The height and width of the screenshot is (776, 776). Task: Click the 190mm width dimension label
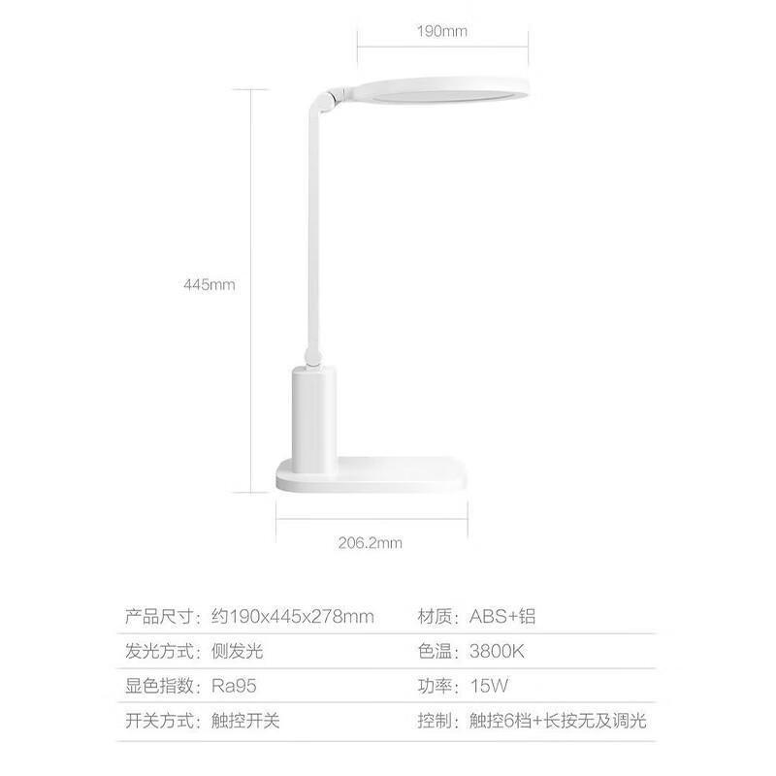point(442,31)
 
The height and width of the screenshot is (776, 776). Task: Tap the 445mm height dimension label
point(210,284)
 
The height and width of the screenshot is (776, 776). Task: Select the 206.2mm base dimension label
point(371,543)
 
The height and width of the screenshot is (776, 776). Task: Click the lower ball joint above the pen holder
point(312,356)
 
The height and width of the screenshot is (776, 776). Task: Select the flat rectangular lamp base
point(372,475)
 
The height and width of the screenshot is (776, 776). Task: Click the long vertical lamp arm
point(313,228)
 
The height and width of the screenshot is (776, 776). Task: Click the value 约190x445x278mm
point(293,616)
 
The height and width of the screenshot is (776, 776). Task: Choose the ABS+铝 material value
point(502,616)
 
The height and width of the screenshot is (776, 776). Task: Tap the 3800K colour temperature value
point(497,651)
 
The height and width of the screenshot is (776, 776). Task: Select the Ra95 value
point(234,686)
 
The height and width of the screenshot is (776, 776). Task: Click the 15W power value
point(489,686)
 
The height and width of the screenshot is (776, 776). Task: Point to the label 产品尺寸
point(159,616)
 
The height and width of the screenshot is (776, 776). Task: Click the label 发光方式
point(159,651)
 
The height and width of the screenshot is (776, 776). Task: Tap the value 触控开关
point(245,721)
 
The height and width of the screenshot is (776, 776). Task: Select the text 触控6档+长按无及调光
point(558,721)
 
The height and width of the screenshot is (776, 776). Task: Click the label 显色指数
point(159,686)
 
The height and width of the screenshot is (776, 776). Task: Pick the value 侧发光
point(237,651)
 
